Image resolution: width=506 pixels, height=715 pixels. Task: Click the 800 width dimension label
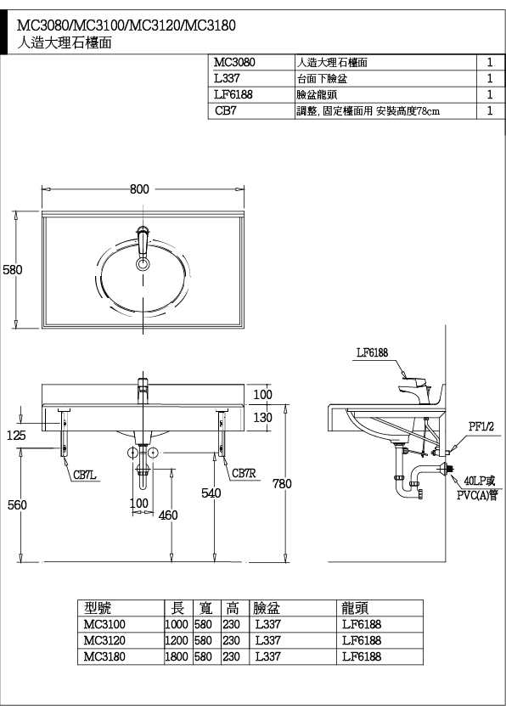(x=139, y=189)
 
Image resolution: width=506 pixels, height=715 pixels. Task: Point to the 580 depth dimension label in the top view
(x=12, y=269)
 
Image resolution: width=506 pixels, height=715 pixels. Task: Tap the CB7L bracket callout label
(x=85, y=476)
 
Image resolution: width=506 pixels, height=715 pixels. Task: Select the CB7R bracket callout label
(x=244, y=473)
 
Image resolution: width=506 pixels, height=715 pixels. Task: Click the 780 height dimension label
(x=282, y=483)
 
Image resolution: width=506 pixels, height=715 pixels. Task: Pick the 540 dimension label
(x=211, y=493)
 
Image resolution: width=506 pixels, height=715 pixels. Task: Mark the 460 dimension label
(x=168, y=515)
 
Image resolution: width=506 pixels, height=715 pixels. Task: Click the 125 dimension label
(x=16, y=435)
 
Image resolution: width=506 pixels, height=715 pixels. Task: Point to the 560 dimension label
(x=17, y=504)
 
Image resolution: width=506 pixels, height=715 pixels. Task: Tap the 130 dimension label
(x=262, y=417)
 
